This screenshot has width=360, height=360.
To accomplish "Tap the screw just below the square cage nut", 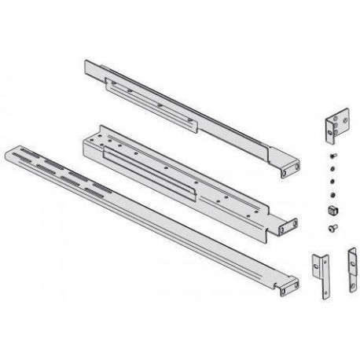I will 331,227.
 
